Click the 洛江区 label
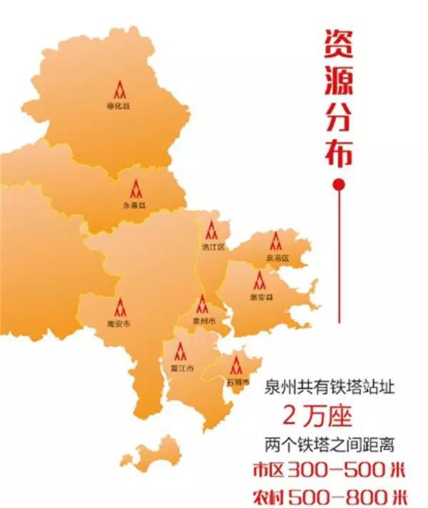point(212,246)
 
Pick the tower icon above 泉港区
point(276,240)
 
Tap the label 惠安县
point(261,297)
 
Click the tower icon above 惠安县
point(260,279)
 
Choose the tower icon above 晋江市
point(180,351)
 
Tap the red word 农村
point(267,495)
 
